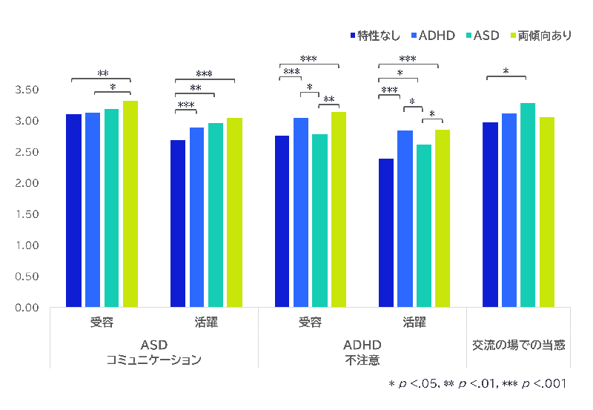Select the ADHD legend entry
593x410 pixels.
point(435,36)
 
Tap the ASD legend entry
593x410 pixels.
point(486,36)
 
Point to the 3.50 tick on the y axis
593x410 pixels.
point(27,90)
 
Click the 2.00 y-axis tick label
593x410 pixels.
point(27,183)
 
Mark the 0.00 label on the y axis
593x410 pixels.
point(27,307)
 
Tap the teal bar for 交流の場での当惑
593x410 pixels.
point(528,205)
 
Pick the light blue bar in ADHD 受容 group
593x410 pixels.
point(301,212)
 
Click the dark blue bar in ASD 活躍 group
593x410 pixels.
point(178,223)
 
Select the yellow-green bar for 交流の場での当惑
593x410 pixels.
point(546,212)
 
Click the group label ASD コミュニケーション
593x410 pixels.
point(154,353)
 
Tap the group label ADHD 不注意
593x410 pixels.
point(362,353)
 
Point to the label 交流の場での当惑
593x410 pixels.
point(519,345)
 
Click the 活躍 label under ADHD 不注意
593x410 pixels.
point(414,323)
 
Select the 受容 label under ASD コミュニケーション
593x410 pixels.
point(102,323)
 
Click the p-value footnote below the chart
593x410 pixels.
point(477,384)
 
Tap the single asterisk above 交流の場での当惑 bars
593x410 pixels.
point(506,72)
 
